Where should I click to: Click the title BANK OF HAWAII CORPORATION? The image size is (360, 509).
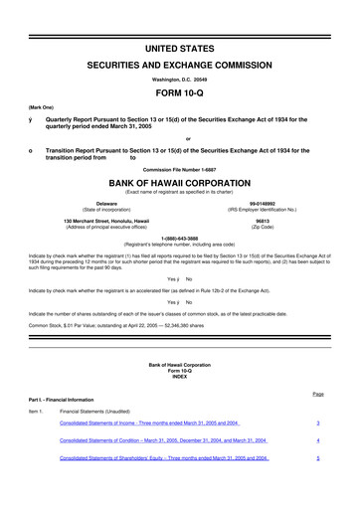point(180,184)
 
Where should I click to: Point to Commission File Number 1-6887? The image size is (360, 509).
point(180,169)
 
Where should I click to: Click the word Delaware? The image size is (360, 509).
point(107,203)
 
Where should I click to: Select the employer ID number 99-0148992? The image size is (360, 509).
point(263,203)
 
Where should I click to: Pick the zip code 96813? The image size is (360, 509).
point(263,220)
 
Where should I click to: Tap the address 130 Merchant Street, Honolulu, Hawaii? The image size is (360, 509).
point(106,220)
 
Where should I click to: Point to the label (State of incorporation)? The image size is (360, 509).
point(107,210)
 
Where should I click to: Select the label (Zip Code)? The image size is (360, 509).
point(263,227)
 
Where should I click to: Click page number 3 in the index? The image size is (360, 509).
point(316,422)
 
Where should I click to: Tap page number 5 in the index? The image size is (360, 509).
point(316,458)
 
